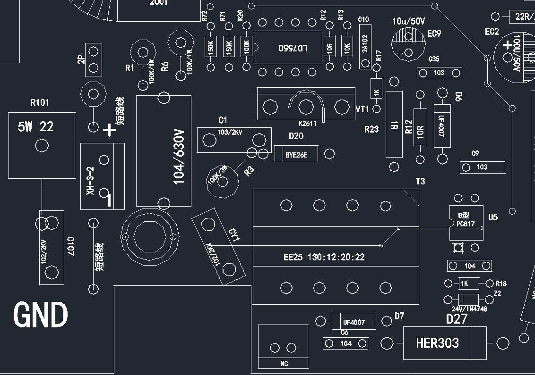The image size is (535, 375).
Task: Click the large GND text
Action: pyautogui.click(x=41, y=315)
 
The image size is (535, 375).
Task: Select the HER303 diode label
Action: pyautogui.click(x=437, y=343)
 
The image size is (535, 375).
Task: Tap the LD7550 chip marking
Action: pyautogui.click(x=293, y=48)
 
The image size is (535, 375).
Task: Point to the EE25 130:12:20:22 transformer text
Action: pyautogui.click(x=324, y=258)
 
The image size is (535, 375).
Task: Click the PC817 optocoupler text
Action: pyautogui.click(x=466, y=224)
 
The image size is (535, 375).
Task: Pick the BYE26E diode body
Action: pyautogui.click(x=296, y=154)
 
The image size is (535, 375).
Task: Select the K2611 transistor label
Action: pyautogui.click(x=308, y=124)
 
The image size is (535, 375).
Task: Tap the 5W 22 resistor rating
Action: pyautogui.click(x=36, y=126)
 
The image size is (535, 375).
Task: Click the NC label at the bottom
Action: pyautogui.click(x=284, y=364)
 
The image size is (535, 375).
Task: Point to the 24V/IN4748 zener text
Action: pyautogui.click(x=469, y=309)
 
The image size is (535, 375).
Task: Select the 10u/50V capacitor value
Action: pyautogui.click(x=409, y=21)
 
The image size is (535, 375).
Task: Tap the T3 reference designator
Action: pyautogui.click(x=420, y=181)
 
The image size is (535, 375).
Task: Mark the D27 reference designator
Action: pyautogui.click(x=457, y=319)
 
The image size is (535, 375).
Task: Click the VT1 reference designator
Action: pyautogui.click(x=362, y=109)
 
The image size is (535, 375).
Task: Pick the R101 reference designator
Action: pyautogui.click(x=40, y=102)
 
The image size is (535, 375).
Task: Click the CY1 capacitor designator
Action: pyautogui.click(x=234, y=235)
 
